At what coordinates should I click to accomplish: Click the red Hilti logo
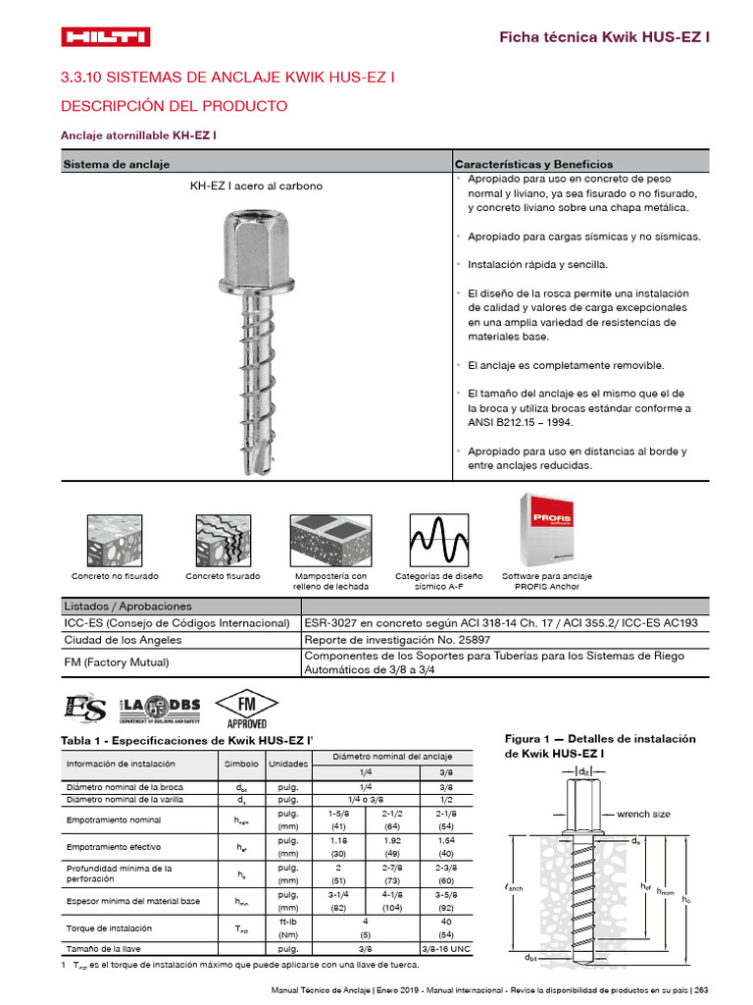click(105, 37)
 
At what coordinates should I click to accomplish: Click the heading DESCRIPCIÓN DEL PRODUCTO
click(175, 106)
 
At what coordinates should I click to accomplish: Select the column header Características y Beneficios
click(534, 164)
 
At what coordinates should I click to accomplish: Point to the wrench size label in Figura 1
click(643, 814)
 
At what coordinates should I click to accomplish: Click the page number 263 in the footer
click(701, 990)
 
